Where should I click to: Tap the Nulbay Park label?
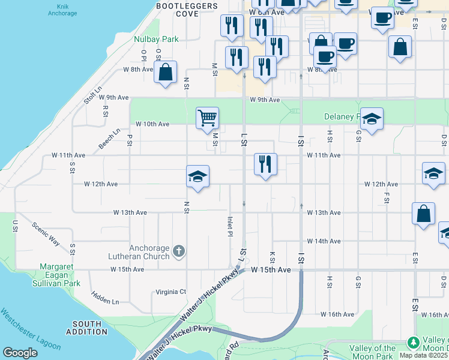tap(156, 39)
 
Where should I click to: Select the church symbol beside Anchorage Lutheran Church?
tap(178, 251)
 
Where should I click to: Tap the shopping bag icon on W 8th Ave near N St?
tap(165, 71)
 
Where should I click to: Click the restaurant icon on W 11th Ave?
tap(265, 164)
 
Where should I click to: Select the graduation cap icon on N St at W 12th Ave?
tap(197, 176)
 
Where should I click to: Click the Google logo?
tap(20, 353)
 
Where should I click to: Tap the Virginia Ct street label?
tap(171, 292)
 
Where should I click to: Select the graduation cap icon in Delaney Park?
tap(372, 119)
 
